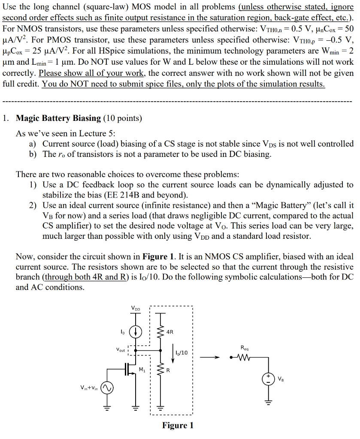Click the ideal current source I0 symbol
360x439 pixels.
coord(136,331)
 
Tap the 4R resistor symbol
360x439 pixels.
coord(161,331)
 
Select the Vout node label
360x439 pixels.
coord(121,349)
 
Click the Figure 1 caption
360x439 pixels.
coord(178,425)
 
